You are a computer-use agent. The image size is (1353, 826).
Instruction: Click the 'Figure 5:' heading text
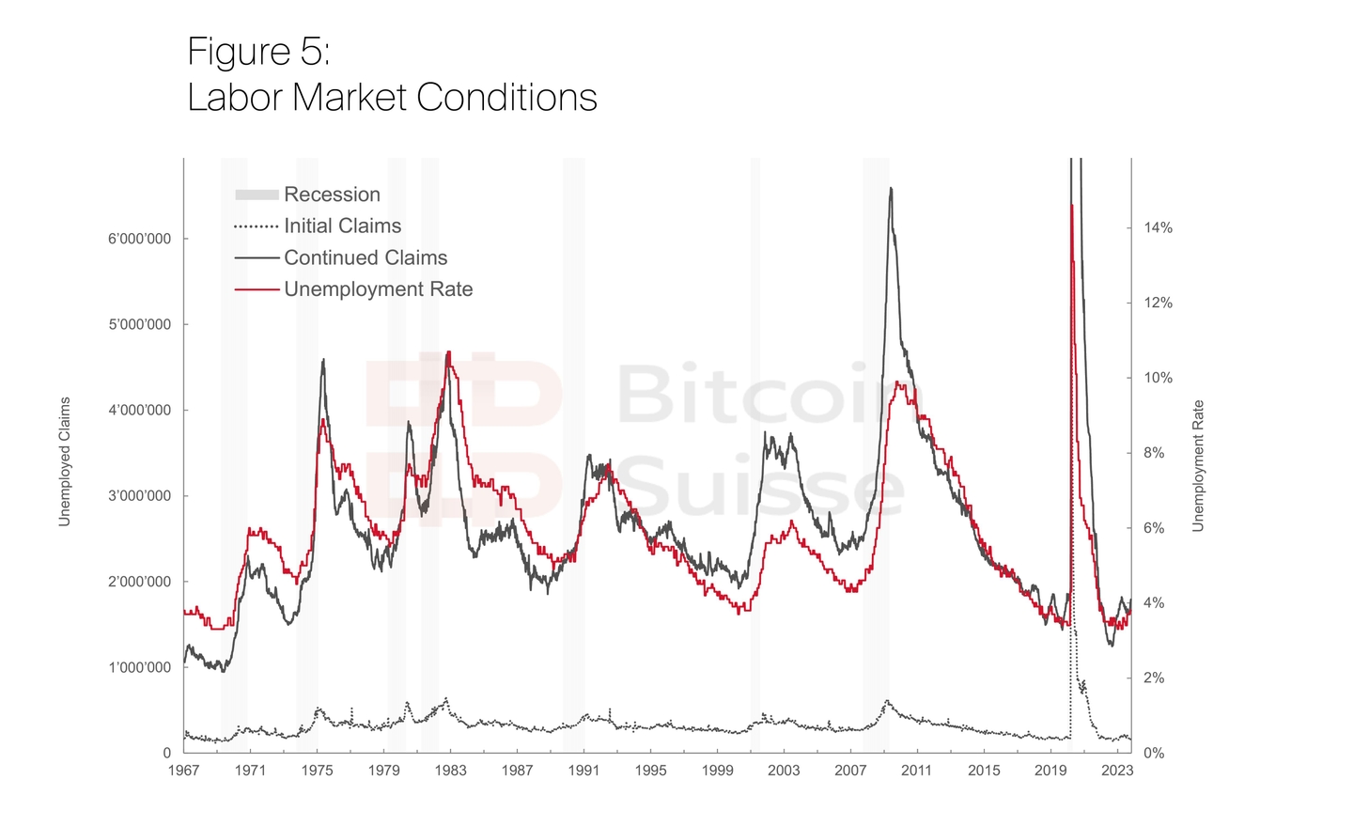(258, 52)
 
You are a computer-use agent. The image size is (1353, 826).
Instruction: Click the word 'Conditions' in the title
(506, 98)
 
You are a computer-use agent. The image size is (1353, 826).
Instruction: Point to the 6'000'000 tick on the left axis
(140, 239)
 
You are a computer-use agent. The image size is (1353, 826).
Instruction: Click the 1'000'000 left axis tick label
(140, 667)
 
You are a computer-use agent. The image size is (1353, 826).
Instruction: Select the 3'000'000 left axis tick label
(140, 496)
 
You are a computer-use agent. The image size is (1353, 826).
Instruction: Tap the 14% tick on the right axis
(1158, 227)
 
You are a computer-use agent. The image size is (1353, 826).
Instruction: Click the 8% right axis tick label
(1154, 453)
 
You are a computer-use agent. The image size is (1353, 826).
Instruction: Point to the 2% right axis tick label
(1154, 678)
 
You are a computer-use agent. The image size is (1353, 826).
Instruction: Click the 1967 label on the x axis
(183, 771)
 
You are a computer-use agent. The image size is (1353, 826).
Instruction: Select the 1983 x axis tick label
(450, 771)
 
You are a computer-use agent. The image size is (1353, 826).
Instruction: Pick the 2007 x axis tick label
(850, 771)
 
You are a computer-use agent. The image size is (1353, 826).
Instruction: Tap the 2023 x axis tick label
(1117, 771)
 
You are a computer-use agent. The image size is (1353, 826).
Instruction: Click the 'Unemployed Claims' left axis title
(65, 461)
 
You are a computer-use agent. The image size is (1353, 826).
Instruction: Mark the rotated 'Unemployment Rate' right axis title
(1198, 466)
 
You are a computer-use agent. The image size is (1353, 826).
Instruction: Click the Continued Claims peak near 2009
(891, 189)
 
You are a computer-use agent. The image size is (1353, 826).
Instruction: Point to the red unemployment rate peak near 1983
(449, 352)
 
